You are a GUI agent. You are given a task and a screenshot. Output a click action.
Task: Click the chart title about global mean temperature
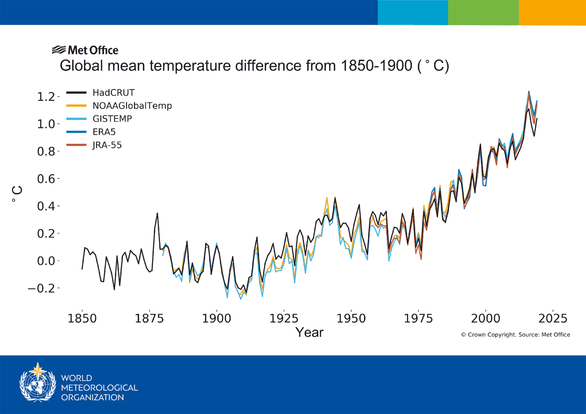(x=254, y=66)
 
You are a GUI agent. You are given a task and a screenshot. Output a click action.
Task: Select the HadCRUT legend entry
(x=113, y=93)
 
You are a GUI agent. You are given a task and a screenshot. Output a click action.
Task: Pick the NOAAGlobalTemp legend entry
(x=132, y=106)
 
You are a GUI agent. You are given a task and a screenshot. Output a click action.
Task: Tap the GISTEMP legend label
(x=112, y=119)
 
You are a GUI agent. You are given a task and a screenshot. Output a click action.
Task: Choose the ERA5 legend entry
(x=104, y=132)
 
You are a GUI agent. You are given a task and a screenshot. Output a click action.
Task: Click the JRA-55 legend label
(x=107, y=145)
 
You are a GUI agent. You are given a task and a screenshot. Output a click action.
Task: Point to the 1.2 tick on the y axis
(x=46, y=96)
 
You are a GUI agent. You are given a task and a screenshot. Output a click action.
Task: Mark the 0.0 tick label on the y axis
(x=46, y=261)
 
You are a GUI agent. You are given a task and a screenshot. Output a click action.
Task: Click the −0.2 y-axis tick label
(x=41, y=288)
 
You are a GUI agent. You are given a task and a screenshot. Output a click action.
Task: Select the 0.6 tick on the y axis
(x=46, y=179)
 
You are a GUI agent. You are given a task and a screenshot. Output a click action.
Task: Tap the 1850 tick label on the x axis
(x=82, y=318)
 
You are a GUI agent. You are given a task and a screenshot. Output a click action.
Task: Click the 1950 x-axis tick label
(x=351, y=318)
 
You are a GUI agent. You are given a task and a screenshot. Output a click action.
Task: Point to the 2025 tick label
(x=552, y=318)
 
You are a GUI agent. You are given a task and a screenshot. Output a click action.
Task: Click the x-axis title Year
(x=309, y=332)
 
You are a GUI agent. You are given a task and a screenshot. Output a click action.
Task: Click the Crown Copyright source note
(x=515, y=335)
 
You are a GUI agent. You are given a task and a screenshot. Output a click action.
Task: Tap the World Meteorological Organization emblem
(x=38, y=383)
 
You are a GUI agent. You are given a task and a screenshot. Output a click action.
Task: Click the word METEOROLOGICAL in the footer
(x=99, y=388)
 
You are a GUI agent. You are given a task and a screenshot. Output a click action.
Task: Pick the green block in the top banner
(x=483, y=12)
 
